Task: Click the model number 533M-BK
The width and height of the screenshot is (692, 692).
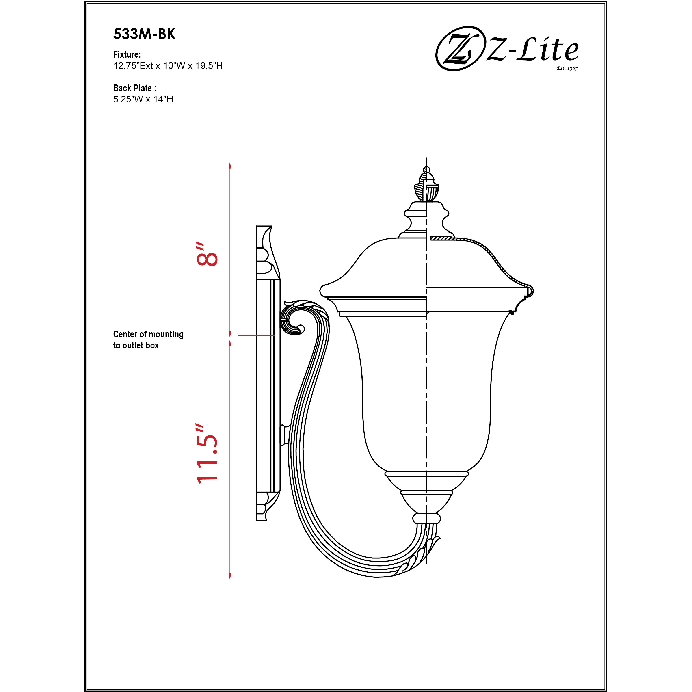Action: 144,34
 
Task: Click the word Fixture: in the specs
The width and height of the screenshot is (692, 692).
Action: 127,54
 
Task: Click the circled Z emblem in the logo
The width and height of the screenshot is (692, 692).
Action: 458,48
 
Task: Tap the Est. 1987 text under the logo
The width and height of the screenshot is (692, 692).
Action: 567,68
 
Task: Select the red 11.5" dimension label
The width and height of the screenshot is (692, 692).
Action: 207,454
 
